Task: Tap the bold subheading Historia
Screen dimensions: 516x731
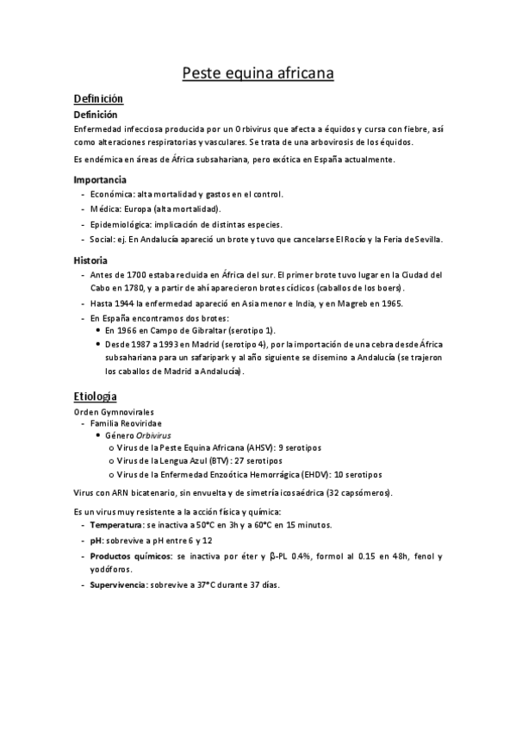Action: (90, 259)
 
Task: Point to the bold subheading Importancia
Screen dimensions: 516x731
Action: (100, 180)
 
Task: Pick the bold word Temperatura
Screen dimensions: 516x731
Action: (116, 524)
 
